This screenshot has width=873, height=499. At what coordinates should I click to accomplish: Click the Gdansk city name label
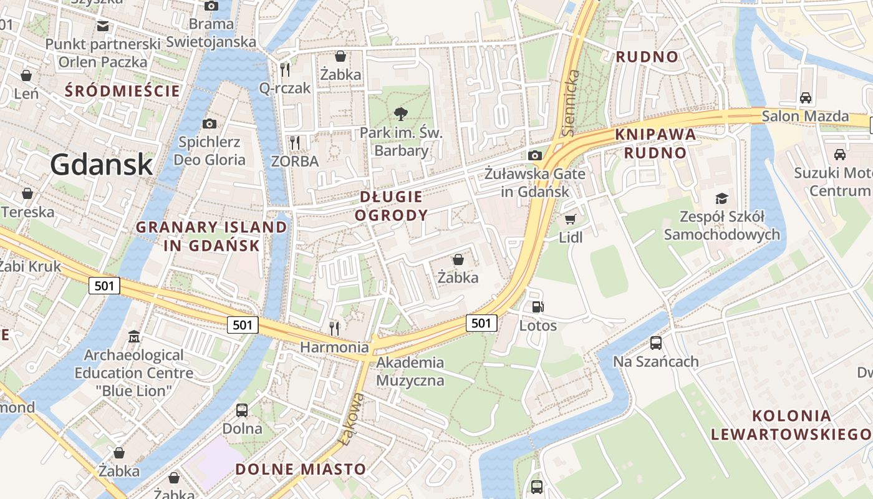(101, 164)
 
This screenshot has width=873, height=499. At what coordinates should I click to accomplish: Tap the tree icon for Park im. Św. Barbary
(401, 114)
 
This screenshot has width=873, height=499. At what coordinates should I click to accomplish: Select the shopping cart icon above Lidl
(570, 219)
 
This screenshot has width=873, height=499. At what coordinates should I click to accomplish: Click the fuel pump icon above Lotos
(538, 307)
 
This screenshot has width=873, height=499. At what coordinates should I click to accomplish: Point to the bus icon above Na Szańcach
(655, 342)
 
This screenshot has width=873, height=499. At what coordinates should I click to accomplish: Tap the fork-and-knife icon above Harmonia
(335, 327)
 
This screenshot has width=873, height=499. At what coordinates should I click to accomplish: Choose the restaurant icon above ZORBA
(295, 143)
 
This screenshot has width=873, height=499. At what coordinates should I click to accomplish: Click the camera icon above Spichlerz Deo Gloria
(210, 124)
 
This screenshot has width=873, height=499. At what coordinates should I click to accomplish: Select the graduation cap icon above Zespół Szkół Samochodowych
(721, 199)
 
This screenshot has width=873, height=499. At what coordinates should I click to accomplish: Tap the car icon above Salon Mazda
(806, 98)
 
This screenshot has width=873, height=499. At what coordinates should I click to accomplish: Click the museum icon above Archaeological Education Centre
(134, 337)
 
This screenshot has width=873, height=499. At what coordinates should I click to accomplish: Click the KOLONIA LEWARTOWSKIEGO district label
(791, 425)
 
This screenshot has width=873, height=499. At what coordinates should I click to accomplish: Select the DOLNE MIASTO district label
(301, 469)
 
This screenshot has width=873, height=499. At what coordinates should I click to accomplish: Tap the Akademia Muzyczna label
(410, 371)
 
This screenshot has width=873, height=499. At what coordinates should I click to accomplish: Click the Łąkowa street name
(352, 419)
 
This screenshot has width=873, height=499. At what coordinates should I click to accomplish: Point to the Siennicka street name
(571, 103)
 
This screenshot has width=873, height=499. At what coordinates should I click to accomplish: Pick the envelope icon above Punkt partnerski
(103, 26)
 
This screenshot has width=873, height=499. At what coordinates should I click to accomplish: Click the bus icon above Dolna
(242, 410)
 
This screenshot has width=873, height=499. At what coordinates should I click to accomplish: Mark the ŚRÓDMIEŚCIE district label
(122, 91)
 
